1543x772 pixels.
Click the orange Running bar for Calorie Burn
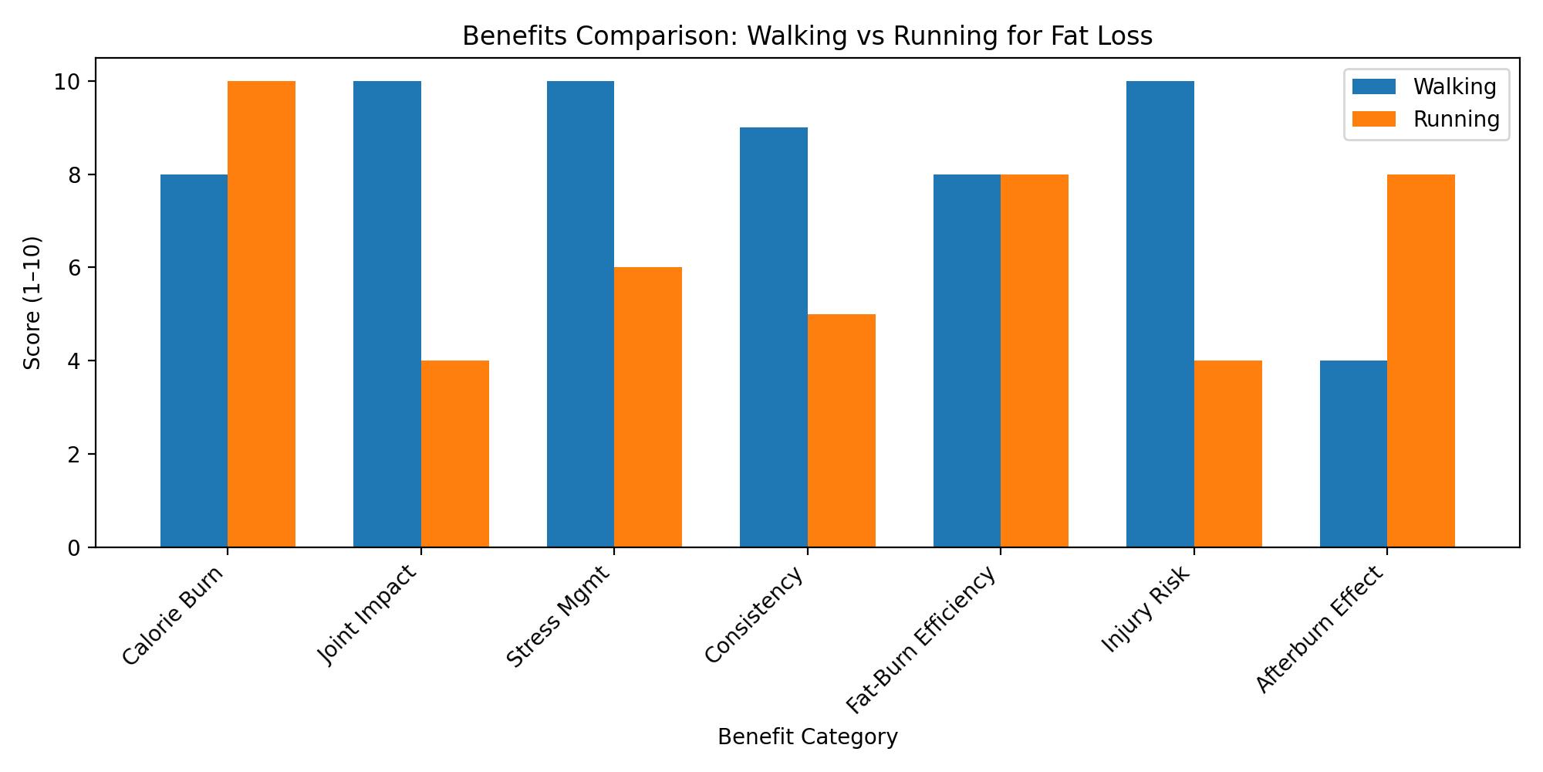pyautogui.click(x=262, y=314)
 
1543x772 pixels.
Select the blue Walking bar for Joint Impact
pyautogui.click(x=387, y=314)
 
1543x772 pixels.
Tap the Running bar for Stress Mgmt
pyautogui.click(x=648, y=407)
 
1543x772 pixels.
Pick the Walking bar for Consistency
pyautogui.click(x=774, y=337)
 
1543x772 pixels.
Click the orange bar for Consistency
pyautogui.click(x=842, y=431)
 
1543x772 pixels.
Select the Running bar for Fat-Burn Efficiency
pyautogui.click(x=1035, y=361)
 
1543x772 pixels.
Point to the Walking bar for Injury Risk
pyautogui.click(x=1160, y=314)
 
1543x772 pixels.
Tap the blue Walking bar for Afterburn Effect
pyautogui.click(x=1353, y=454)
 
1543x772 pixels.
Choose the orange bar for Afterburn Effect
pyautogui.click(x=1421, y=361)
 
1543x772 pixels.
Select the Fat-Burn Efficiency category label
pyautogui.click(x=923, y=640)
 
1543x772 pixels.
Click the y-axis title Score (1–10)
pyautogui.click(x=32, y=303)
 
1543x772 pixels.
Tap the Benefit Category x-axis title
pyautogui.click(x=807, y=737)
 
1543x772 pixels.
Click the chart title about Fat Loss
pyautogui.click(x=807, y=36)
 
